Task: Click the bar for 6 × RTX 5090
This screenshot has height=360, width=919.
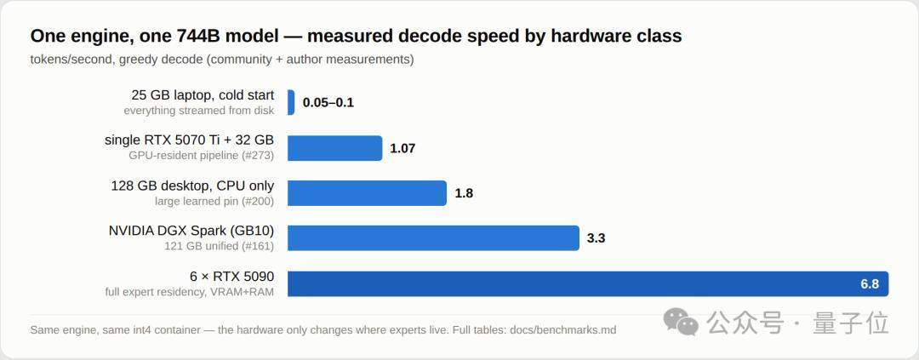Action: [588, 283]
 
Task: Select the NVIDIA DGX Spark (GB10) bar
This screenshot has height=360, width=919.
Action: [433, 238]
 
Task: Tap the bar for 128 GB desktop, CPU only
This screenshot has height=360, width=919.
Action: [367, 193]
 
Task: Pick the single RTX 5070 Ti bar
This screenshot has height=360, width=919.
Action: [334, 148]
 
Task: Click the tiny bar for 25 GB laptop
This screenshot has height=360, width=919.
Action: [291, 103]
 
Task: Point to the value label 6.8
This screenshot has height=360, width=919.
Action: [870, 283]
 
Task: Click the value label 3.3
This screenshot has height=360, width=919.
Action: [596, 238]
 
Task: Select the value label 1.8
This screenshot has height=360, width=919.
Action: [464, 193]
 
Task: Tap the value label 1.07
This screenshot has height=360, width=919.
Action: [402, 148]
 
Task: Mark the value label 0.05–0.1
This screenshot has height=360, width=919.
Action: [328, 103]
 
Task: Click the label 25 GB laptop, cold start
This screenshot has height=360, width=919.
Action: [203, 95]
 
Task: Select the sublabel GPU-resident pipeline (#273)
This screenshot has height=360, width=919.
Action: [201, 156]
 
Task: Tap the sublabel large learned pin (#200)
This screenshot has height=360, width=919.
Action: [214, 201]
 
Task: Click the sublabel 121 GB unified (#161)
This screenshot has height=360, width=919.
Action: [220, 246]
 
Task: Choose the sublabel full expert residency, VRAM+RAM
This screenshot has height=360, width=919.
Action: [189, 291]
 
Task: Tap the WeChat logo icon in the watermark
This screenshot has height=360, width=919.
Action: [681, 322]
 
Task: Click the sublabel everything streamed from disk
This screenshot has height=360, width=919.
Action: [198, 111]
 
